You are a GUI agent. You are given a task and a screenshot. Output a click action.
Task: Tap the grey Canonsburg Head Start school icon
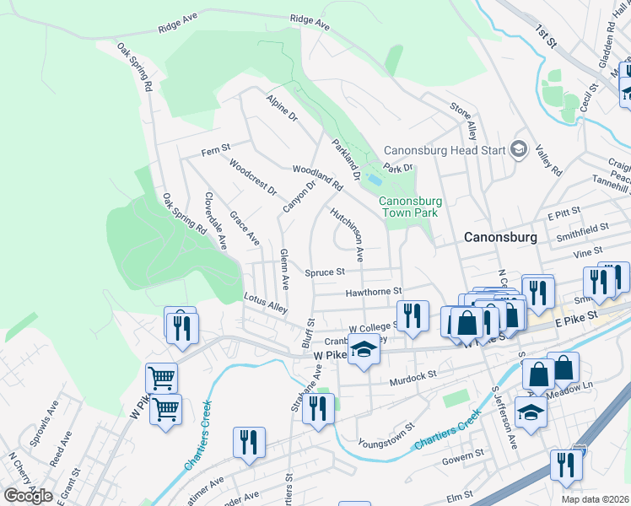pyautogui.click(x=518, y=150)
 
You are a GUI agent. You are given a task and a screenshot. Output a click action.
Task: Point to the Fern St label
pyautogui.click(x=216, y=151)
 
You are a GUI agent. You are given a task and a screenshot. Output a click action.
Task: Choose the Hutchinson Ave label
pyautogui.click(x=347, y=234)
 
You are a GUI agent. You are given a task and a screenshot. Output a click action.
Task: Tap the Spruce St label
pyautogui.click(x=326, y=272)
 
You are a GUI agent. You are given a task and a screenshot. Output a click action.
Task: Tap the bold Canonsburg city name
pyautogui.click(x=500, y=238)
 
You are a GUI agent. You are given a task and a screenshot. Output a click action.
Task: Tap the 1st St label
pyautogui.click(x=546, y=35)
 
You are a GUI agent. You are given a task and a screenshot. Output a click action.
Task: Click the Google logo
pyautogui.click(x=28, y=495)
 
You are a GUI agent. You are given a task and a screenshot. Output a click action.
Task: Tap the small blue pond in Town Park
pyautogui.click(x=375, y=180)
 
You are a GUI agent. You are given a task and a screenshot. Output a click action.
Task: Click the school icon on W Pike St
pyautogui.click(x=364, y=348)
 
